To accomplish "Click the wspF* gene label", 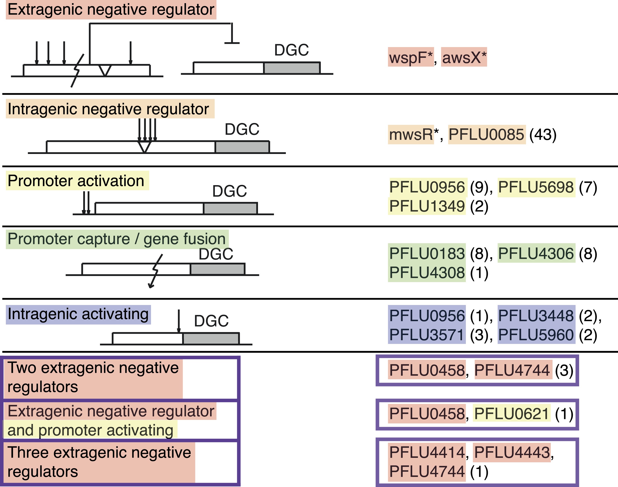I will pyautogui.click(x=411, y=57).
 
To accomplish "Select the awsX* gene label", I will pyautogui.click(x=464, y=57).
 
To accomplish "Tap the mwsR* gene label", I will pyautogui.click(x=411, y=135).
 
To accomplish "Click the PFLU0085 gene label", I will pyautogui.click(x=486, y=135).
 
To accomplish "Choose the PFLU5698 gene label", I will pyautogui.click(x=536, y=187).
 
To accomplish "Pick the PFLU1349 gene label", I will pyautogui.click(x=427, y=206).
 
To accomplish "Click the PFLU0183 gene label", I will pyautogui.click(x=427, y=253).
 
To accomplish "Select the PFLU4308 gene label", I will pyautogui.click(x=427, y=273).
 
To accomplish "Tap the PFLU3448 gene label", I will pyautogui.click(x=536, y=316).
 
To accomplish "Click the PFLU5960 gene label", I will pyautogui.click(x=536, y=335).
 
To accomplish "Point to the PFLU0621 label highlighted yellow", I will pyautogui.click(x=511, y=413).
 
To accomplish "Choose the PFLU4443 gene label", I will pyautogui.click(x=512, y=452).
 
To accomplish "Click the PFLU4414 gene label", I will pyautogui.click(x=427, y=452).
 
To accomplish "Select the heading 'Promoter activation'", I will pyautogui.click(x=76, y=181).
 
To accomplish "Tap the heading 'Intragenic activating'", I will pyautogui.click(x=78, y=314).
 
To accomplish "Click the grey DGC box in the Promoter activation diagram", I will pyautogui.click(x=230, y=208).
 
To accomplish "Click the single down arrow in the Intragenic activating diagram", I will pyautogui.click(x=179, y=321).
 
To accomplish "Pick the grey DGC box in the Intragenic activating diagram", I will pyautogui.click(x=211, y=338).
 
